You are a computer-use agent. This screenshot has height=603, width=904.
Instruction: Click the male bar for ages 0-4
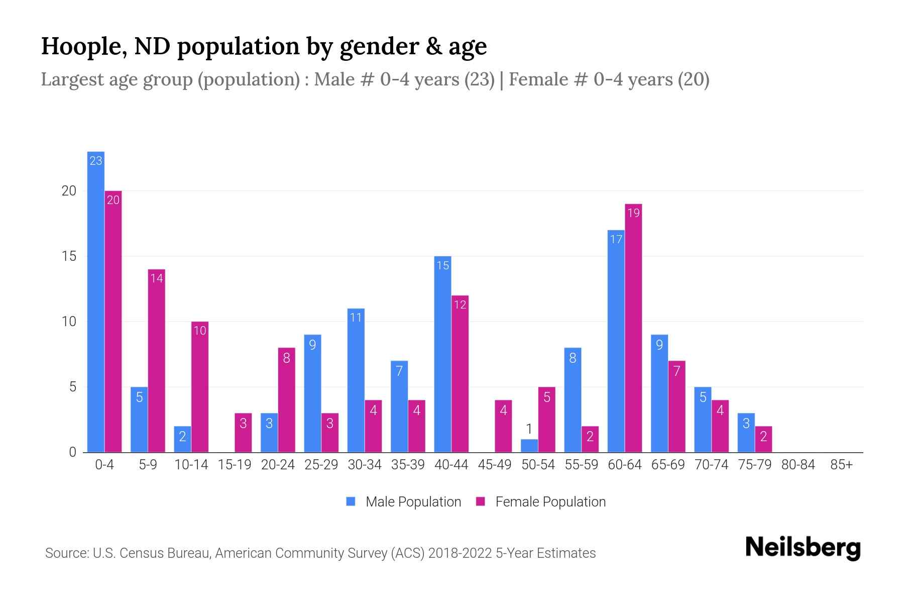95,301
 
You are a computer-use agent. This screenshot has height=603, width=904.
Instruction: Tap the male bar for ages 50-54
529,446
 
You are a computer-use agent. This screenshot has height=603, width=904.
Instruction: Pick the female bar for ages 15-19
243,433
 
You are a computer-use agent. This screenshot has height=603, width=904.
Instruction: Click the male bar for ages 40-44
442,354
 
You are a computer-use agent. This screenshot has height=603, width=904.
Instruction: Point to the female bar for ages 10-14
200,387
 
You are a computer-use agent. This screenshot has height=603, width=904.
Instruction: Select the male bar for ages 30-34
356,380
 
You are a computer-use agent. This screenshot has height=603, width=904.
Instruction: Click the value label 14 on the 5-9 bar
157,278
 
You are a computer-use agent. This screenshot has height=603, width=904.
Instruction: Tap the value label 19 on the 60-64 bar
633,213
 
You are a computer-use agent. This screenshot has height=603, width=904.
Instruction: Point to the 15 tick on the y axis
69,256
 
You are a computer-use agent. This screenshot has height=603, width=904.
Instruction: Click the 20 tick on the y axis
69,191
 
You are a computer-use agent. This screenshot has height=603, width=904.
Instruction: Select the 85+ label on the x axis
841,465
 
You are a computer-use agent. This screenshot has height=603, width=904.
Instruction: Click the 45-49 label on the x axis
494,465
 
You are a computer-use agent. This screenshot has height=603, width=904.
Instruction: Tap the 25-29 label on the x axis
321,465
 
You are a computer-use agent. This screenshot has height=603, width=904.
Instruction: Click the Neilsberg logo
803,547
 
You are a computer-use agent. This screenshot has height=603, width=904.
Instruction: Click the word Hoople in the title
80,46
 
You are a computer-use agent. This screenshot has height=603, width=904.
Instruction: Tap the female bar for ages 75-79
763,439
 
